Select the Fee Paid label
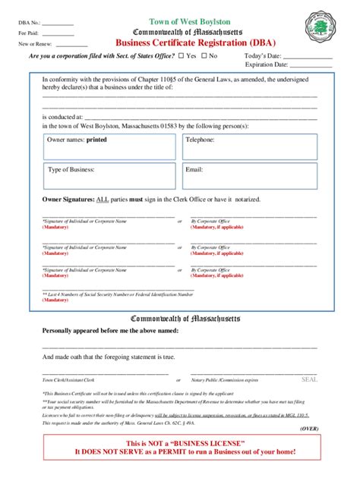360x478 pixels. [29, 34]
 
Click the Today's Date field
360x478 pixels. [308, 57]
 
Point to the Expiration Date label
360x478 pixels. [265, 67]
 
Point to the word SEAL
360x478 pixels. [310, 378]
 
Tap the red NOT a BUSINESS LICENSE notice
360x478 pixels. [180, 447]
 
